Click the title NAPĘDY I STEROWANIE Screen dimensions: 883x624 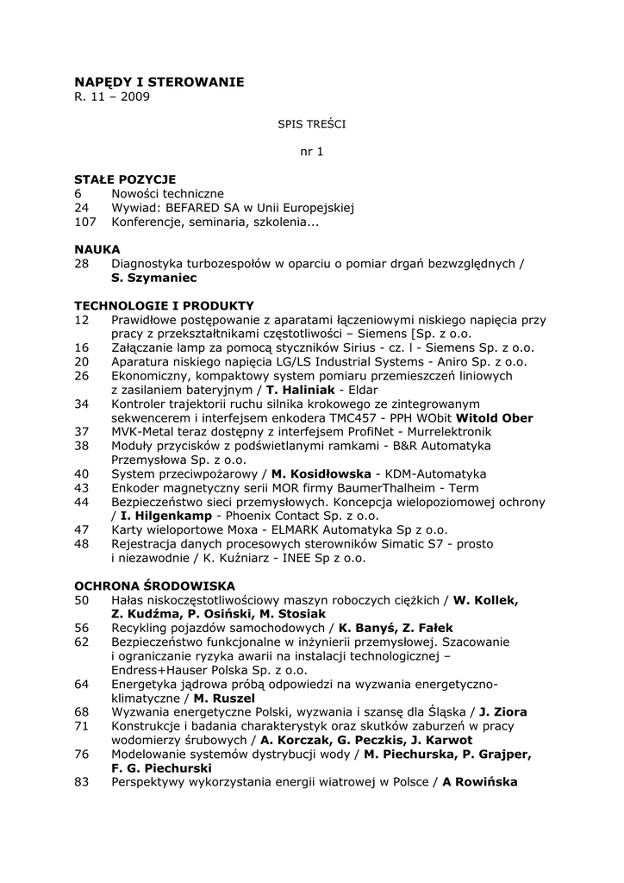pos(159,82)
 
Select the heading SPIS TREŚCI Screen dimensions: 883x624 pos(311,124)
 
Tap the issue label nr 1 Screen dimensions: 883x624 pos(311,152)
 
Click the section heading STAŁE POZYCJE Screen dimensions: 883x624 pos(125,179)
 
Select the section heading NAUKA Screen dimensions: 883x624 pos(97,249)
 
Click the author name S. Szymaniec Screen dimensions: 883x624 pos(154,278)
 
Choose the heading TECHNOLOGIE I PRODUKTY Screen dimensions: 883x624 pos(164,305)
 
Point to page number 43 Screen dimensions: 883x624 pos(82,487)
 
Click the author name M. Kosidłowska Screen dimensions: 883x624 pos(321,473)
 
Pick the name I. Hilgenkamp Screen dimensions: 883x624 pos(162,516)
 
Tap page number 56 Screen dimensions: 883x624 pos(82,628)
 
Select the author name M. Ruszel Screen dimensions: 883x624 pos(225,698)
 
